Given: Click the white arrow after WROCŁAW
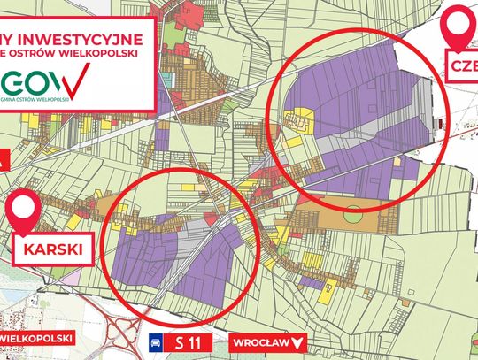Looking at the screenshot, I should (x=297, y=341).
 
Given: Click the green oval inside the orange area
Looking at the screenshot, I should (x=353, y=214).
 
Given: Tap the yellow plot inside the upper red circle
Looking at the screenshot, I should (x=305, y=120).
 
